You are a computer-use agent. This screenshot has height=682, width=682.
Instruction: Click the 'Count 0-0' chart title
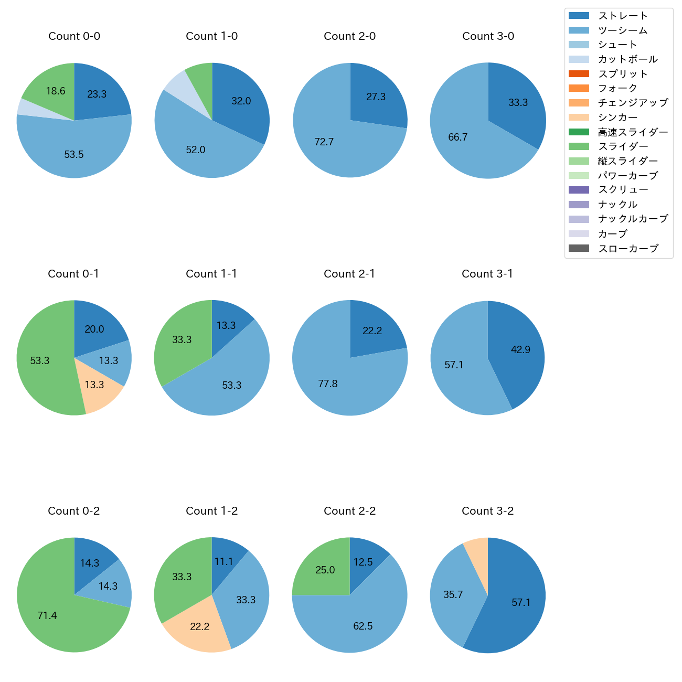pyautogui.click(x=74, y=36)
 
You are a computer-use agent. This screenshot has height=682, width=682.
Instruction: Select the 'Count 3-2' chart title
pyautogui.click(x=487, y=511)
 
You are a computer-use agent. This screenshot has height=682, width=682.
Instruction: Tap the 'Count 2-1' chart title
pyautogui.click(x=349, y=274)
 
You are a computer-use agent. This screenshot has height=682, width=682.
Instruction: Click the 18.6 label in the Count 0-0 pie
pyautogui.click(x=56, y=91)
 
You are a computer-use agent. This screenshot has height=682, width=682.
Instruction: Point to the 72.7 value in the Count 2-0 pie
pyautogui.click(x=324, y=142)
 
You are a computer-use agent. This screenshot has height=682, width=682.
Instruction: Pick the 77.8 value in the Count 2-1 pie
pyautogui.click(x=328, y=384)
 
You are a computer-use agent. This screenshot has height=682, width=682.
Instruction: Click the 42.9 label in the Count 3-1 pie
pyautogui.click(x=520, y=350)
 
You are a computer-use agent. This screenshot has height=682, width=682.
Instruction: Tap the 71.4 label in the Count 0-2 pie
pyautogui.click(x=47, y=616)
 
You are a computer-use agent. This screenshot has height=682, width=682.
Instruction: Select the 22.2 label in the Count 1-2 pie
pyautogui.click(x=200, y=627)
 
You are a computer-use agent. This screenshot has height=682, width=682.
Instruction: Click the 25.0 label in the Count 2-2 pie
pyautogui.click(x=325, y=570)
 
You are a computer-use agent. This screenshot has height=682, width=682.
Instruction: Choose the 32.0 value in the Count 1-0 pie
pyautogui.click(x=241, y=101)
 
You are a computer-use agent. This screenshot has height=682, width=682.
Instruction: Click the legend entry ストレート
pyautogui.click(x=623, y=16)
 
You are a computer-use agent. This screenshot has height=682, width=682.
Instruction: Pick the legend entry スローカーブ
pyautogui.click(x=628, y=249)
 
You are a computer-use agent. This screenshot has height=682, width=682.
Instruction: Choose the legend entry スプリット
pyautogui.click(x=623, y=74)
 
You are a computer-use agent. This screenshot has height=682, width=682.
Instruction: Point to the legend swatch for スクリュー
pyautogui.click(x=579, y=190)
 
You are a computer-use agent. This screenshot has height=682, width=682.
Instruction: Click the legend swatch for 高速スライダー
pyautogui.click(x=579, y=132)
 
